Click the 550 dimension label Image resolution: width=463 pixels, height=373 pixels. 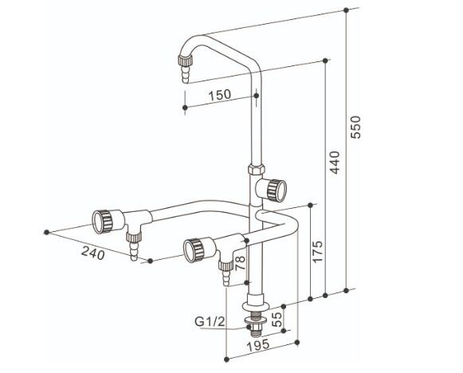(x=355, y=128)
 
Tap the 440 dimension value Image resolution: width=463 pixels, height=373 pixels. (x=335, y=162)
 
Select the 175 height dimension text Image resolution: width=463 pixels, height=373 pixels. (x=318, y=252)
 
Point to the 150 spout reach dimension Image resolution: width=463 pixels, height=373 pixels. (x=220, y=95)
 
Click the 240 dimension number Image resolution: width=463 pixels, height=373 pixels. (x=93, y=253)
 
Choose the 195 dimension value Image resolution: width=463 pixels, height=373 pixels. (x=258, y=345)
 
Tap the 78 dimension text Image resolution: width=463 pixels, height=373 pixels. (x=240, y=263)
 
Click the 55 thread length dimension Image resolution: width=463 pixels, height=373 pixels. (x=277, y=320)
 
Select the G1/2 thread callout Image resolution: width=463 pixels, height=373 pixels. (x=210, y=321)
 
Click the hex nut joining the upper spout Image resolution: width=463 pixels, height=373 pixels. (x=256, y=169)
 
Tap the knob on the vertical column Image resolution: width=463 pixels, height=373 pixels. (x=277, y=190)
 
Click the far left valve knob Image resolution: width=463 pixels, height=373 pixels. (x=102, y=222)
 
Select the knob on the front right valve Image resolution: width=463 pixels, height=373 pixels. (x=194, y=250)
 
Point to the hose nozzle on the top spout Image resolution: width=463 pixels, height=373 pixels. (x=186, y=69)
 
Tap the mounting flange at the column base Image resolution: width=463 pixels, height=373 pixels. (x=256, y=306)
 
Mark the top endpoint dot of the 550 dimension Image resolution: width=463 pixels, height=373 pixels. (x=346, y=10)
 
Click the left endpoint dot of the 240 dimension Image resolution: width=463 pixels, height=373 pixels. (x=46, y=232)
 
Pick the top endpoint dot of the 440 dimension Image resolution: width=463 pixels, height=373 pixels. (x=325, y=61)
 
